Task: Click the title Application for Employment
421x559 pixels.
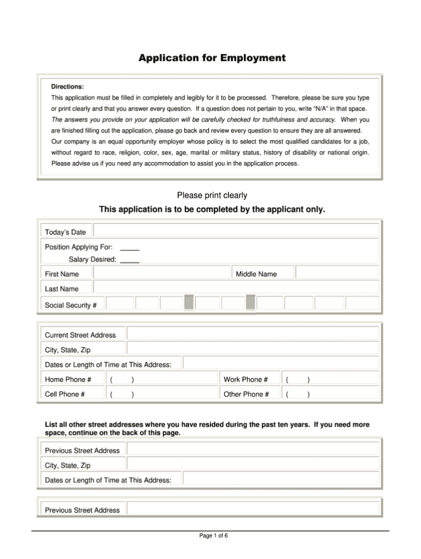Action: [x=211, y=58]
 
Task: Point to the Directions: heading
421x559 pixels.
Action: [x=67, y=87]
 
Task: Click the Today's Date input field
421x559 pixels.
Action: [x=236, y=231]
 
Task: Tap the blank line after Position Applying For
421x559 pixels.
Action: [x=129, y=247]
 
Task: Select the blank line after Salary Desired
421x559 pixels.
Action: [x=129, y=260]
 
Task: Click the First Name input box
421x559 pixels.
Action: [x=162, y=273]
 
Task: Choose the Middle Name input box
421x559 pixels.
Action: [x=337, y=273]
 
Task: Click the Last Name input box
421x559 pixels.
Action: [x=236, y=288]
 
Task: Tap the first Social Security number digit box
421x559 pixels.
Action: [x=120, y=304]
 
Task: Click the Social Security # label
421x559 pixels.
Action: [x=71, y=305]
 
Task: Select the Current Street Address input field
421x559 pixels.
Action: [x=252, y=334]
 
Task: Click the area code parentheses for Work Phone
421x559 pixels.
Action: [x=298, y=379]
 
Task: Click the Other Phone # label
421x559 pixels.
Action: [x=246, y=394]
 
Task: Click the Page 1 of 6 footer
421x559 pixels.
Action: [x=213, y=535]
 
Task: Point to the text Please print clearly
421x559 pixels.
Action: [x=212, y=195]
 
